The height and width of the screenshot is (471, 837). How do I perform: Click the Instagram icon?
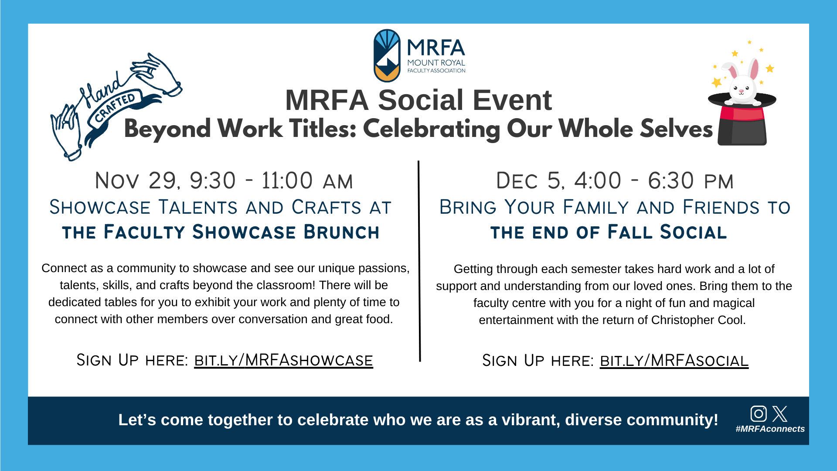[x=758, y=413]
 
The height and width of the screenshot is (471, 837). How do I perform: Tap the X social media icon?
[x=780, y=413]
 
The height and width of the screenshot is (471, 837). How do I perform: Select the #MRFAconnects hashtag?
[x=770, y=429]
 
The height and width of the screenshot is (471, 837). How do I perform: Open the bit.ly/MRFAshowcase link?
[x=283, y=360]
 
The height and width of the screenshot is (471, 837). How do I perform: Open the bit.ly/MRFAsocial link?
[x=674, y=361]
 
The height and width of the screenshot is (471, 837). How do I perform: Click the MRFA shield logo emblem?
[x=387, y=55]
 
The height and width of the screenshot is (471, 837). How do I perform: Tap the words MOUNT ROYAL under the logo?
[x=436, y=63]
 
